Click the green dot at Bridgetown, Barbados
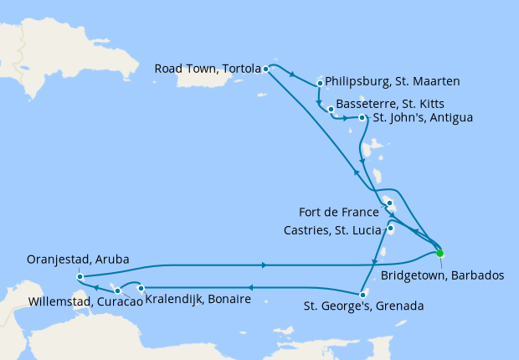coord(439,253)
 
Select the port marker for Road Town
coord(265,69)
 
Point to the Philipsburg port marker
coord(321,83)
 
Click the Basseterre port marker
coord(331,109)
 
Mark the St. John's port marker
coord(362,118)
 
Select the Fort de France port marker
coord(389,203)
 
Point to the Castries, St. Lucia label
coord(338,229)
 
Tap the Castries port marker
coord(390,228)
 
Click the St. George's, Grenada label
coord(364,306)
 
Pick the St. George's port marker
coord(361,294)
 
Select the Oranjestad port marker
coord(78,276)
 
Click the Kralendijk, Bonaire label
coord(198,299)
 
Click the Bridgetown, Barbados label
coord(442,275)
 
